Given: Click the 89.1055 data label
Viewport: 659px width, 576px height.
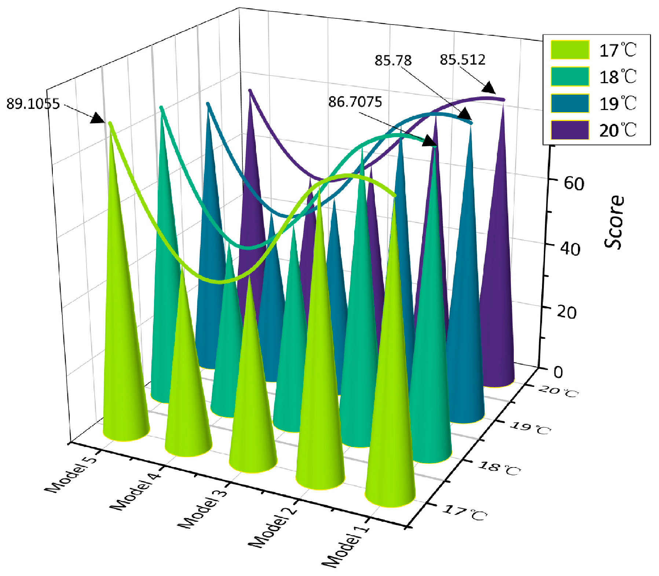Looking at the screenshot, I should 33,104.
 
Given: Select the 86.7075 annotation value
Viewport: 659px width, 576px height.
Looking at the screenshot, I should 355,102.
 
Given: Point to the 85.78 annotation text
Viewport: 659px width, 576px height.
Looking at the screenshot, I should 393,60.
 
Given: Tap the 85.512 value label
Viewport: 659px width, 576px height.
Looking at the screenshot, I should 462,59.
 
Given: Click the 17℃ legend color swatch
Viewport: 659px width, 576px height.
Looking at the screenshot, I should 570,50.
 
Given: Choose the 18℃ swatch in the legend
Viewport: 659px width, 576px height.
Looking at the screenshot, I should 570,77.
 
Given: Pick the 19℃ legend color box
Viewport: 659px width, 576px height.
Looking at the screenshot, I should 570,103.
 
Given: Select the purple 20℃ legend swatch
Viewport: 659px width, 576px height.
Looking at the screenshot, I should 570,130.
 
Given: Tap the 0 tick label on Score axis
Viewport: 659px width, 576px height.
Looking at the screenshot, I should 558,372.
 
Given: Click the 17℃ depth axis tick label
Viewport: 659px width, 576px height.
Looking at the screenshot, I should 465,513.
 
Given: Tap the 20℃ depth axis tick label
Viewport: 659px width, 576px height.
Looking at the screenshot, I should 558,392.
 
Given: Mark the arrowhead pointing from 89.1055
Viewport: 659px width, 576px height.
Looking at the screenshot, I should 98,118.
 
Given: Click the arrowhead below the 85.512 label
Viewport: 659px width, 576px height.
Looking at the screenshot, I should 488,88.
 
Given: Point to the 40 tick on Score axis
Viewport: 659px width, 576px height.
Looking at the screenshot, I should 570,249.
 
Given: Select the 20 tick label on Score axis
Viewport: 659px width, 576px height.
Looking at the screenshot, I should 567,312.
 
